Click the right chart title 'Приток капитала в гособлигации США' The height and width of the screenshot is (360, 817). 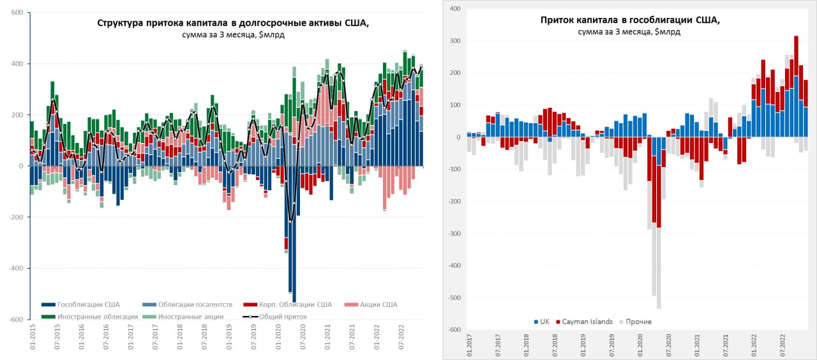click(x=630, y=20)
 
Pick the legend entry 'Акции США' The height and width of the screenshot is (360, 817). click(x=380, y=304)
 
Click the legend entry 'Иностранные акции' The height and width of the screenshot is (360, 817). click(x=190, y=316)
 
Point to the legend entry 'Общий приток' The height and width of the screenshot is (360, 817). click(x=283, y=316)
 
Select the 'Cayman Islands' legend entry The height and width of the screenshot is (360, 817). click(x=585, y=322)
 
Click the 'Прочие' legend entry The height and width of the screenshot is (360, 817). click(x=638, y=322)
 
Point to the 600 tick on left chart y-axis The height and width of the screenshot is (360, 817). click(x=17, y=13)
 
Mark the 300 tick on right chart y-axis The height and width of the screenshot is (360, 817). click(x=454, y=41)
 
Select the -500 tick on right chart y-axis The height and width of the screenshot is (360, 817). click(x=453, y=298)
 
